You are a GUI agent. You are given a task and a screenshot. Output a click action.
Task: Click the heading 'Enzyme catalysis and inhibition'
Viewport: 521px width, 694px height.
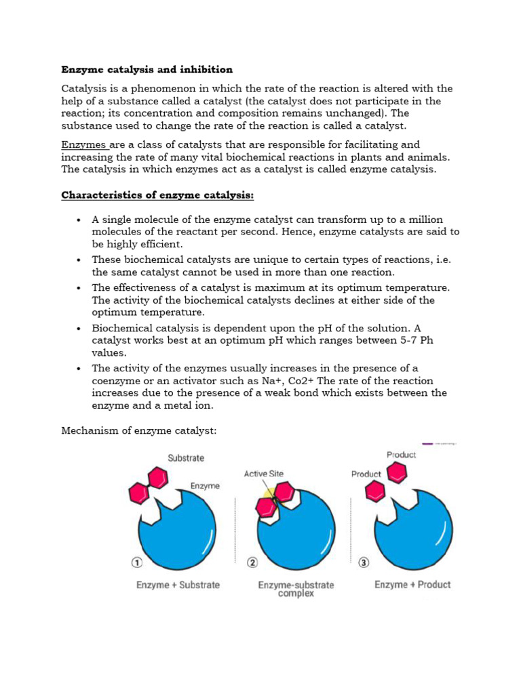pos(147,70)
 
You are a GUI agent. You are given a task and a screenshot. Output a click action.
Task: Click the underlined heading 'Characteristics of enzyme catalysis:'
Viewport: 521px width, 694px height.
pos(157,195)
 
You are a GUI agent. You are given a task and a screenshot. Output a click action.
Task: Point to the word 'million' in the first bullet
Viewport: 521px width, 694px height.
pos(425,220)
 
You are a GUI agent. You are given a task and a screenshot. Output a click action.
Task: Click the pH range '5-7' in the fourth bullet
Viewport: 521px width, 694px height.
pos(402,341)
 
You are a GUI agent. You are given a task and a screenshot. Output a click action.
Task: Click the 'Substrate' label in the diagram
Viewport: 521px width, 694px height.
pos(186,458)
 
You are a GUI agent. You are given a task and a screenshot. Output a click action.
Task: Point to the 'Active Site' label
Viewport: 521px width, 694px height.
pos(264,474)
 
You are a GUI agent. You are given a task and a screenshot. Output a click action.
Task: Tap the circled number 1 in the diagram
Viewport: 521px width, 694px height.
pos(136,562)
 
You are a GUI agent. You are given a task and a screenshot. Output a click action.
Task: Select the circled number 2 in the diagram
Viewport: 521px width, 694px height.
pos(252,562)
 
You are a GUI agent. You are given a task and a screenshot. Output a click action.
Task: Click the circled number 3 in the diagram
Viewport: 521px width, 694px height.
pos(364,562)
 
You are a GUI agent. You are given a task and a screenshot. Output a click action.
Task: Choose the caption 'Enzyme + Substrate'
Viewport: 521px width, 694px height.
pos(178,585)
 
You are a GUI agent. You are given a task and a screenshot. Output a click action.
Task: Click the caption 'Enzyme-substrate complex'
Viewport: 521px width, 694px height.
pos(296,589)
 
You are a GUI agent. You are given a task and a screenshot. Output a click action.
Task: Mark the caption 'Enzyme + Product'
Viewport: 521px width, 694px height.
pos(412,585)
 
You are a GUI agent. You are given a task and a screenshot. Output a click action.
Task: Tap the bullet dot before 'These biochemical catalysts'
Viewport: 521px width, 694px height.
pos(79,260)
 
